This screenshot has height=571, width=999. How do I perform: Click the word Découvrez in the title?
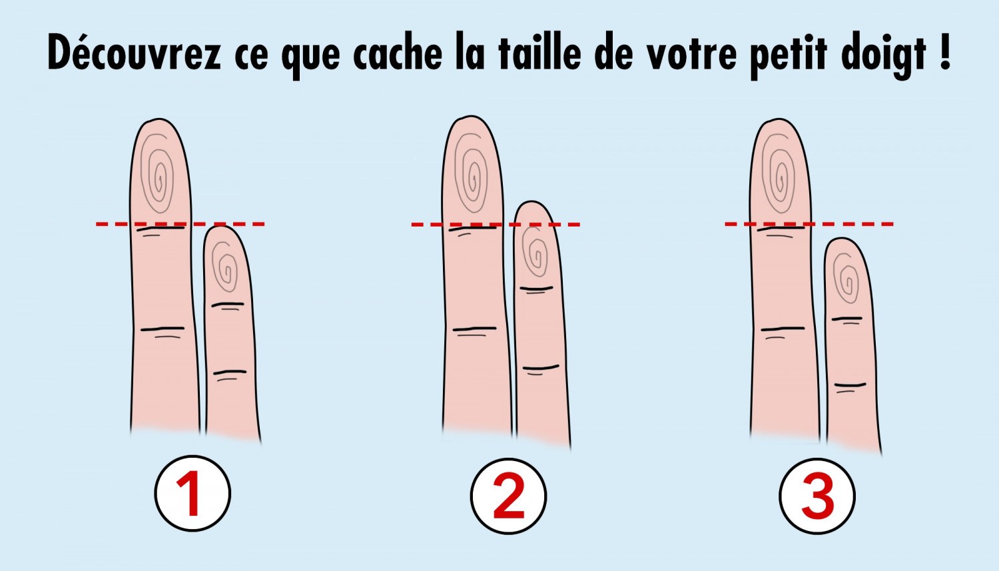coord(133,53)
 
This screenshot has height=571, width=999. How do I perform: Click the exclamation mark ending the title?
coord(946,52)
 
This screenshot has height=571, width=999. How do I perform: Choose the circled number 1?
coord(192,494)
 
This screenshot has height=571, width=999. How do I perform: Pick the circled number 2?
coord(508,496)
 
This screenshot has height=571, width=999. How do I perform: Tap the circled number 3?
coord(817,496)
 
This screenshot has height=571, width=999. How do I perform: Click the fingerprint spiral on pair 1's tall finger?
coord(159,175)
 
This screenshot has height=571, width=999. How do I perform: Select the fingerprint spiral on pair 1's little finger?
coord(226,268)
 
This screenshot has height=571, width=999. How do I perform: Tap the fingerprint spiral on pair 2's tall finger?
coord(472,175)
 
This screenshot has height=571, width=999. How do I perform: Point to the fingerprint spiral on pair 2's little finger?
coord(536,253)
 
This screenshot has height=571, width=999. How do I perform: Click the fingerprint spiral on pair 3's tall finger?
coord(779,175)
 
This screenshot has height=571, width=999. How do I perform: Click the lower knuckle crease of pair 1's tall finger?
coord(162,329)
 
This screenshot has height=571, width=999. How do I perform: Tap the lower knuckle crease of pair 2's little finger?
coord(540,368)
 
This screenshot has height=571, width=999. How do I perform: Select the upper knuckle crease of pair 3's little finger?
coord(846,319)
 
